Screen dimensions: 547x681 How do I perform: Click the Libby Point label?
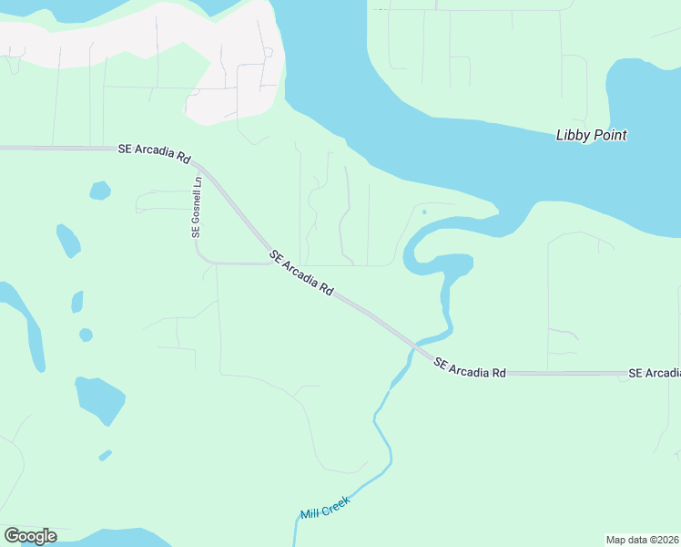[591, 136]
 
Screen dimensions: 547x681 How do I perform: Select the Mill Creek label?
[325, 506]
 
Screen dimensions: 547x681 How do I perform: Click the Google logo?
[30, 536]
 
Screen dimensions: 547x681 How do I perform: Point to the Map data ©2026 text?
[642, 539]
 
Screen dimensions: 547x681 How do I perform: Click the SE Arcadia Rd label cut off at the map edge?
[655, 374]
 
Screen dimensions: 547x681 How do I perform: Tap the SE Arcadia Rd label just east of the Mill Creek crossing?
[469, 368]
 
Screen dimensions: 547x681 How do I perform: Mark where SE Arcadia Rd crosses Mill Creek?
[415, 346]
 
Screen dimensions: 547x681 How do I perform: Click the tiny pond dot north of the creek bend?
[424, 212]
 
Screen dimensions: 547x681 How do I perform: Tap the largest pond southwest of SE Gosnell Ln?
[99, 398]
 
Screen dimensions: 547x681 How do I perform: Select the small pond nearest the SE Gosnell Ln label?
[100, 191]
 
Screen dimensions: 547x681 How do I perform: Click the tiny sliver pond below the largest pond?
[106, 454]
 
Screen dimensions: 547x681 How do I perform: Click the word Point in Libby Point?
[609, 136]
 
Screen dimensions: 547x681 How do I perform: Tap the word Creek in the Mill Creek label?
[336, 501]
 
